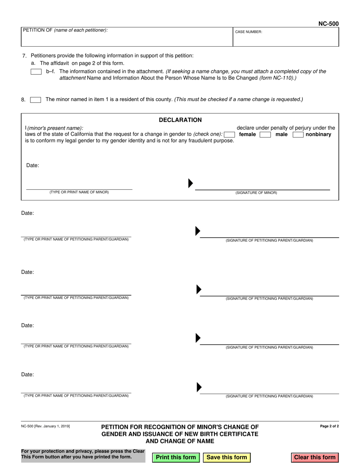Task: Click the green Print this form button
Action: tap(176, 457)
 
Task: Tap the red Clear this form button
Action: tap(315, 457)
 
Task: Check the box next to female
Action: tap(229, 134)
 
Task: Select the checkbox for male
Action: tap(265, 134)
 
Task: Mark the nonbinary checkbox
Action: tap(298, 134)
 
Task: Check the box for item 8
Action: tap(36, 100)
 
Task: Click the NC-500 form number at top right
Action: tap(328, 24)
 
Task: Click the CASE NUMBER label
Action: tap(249, 32)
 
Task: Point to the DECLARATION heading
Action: tap(180, 120)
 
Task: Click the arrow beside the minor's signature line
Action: tap(191, 183)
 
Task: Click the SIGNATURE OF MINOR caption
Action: tap(256, 193)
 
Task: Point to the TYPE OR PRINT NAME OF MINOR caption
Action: tap(79, 192)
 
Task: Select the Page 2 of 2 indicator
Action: tap(329, 426)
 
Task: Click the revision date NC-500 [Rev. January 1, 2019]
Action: tap(45, 427)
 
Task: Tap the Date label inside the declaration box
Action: tap(33, 166)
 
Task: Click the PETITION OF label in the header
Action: tap(65, 30)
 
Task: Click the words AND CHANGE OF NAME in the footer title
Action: tap(180, 441)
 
